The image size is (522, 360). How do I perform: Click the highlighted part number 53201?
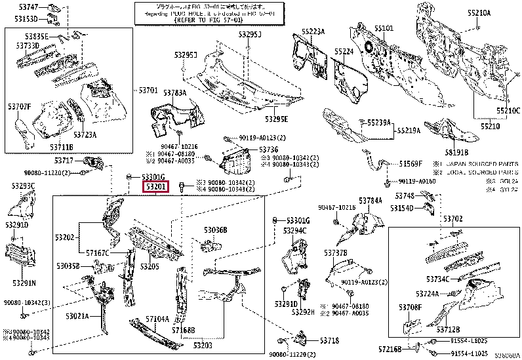coord(156,188)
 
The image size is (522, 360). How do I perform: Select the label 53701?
coord(149,90)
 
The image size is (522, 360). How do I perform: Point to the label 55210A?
coord(479,12)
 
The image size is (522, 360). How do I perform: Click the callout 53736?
coord(269,150)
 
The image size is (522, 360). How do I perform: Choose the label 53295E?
coord(277,119)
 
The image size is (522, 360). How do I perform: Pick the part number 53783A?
coord(175,93)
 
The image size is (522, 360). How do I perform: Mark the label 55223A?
coord(313,31)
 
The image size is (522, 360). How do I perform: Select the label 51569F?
coord(411,163)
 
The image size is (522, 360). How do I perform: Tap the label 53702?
coord(452,218)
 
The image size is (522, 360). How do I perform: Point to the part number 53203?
coord(203,345)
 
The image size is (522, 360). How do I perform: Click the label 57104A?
coord(157,319)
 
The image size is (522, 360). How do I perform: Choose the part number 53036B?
coord(215,230)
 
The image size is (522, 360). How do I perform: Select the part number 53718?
coord(330,341)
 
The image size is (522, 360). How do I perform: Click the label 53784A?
coord(370,201)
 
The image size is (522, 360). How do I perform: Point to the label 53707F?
coord(20,106)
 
